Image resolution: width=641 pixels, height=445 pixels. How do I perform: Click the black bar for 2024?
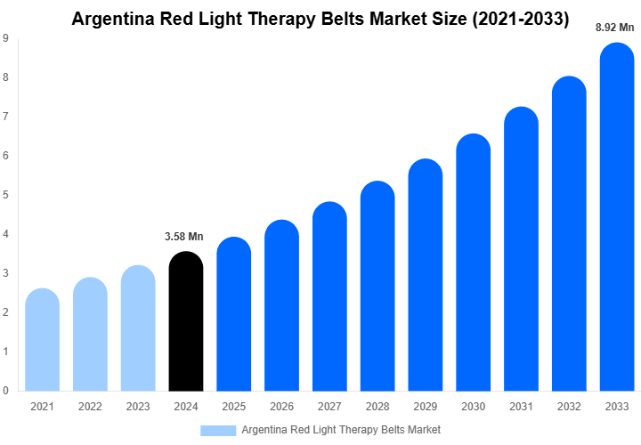(x=185, y=322)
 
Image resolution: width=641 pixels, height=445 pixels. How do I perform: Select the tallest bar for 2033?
(x=617, y=218)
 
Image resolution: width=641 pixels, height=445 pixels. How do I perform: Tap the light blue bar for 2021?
(x=42, y=340)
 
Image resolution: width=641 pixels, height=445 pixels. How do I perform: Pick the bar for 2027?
(x=329, y=297)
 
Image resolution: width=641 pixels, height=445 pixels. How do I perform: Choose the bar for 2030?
(x=474, y=263)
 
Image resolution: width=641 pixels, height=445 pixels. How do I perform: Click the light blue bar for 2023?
(x=138, y=328)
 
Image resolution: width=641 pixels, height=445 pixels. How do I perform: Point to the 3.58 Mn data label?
(x=184, y=237)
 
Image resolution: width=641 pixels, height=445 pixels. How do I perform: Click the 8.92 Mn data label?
(x=615, y=28)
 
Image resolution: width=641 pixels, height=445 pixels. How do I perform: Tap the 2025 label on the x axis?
(x=233, y=407)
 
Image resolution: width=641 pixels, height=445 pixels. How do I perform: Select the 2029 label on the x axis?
(x=426, y=407)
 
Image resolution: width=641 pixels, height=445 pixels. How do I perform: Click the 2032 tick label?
(x=570, y=407)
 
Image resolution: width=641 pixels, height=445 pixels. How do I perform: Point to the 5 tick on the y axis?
(x=6, y=195)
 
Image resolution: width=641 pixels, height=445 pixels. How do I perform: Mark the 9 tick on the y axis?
(x=6, y=38)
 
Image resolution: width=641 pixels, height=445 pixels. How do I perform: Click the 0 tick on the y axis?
(x=6, y=391)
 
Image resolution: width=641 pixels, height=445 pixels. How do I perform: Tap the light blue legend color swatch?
(x=217, y=430)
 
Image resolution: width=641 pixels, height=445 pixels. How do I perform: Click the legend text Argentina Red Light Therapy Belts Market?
(x=341, y=430)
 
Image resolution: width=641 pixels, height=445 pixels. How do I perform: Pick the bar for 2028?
(x=377, y=287)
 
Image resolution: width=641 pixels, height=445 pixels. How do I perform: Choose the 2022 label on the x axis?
(x=89, y=407)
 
